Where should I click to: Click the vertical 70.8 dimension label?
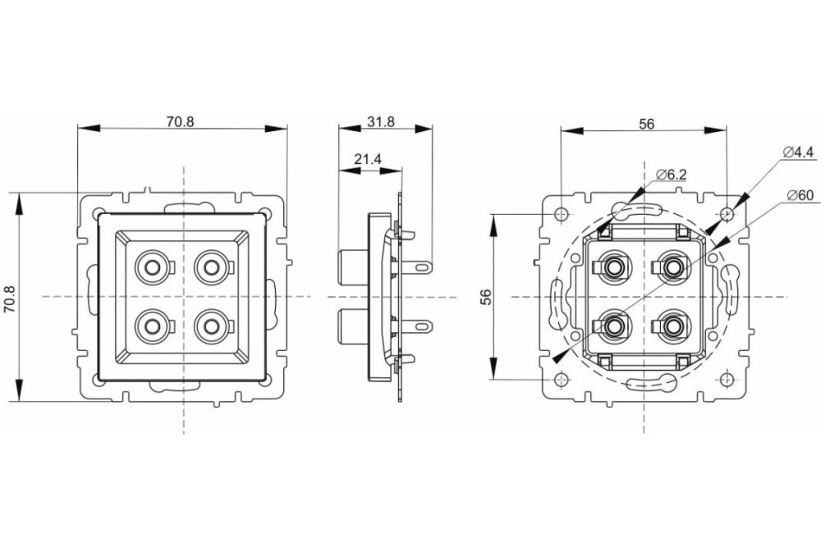(10, 296)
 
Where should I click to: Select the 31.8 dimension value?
(381, 122)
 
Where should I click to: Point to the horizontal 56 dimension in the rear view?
(646, 124)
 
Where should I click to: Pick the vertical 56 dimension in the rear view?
(485, 296)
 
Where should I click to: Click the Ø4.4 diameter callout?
(797, 152)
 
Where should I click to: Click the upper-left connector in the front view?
(151, 267)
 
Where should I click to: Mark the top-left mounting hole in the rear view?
(561, 213)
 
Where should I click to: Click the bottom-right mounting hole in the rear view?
(727, 380)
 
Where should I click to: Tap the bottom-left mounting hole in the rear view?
(561, 380)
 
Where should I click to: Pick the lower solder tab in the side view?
(421, 328)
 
